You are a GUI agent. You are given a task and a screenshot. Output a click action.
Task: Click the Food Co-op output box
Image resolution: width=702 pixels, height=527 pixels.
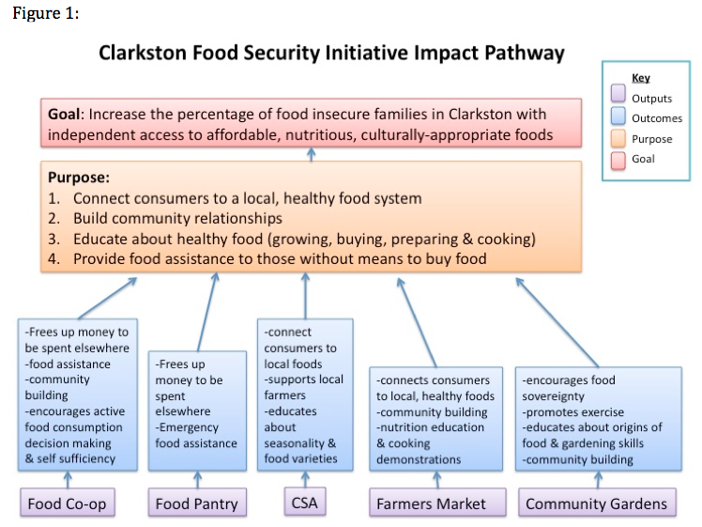[68, 503]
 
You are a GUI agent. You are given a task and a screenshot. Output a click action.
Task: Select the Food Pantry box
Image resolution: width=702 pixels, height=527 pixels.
[197, 503]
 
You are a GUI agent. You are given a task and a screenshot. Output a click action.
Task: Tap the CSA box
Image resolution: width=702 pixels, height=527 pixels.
[305, 502]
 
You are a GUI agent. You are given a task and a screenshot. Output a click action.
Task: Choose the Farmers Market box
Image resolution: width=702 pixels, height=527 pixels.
[437, 503]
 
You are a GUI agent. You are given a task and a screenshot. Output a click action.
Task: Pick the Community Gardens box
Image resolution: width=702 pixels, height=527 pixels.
[597, 503]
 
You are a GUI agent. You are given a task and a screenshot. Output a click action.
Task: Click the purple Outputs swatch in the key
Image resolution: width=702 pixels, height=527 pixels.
[618, 94]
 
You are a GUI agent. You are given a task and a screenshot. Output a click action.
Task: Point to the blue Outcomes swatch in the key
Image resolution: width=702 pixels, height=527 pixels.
[618, 115]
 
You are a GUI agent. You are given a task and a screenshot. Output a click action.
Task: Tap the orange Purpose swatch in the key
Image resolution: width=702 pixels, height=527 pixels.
[618, 138]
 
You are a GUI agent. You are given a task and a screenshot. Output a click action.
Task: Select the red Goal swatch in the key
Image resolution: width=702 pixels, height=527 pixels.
[618, 161]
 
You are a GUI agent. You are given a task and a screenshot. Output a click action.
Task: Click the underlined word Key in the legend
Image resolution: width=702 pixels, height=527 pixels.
[641, 78]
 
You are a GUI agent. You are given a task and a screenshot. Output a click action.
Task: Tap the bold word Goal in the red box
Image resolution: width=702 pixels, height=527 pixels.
[64, 114]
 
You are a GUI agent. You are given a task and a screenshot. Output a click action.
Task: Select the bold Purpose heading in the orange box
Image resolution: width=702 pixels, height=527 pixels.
[78, 178]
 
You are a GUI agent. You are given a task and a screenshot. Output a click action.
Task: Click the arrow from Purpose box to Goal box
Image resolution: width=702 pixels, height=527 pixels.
[312, 155]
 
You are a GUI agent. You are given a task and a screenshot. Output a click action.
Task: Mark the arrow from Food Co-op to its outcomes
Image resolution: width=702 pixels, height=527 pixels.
[68, 480]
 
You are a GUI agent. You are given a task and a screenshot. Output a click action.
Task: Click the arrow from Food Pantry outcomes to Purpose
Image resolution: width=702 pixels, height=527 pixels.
[206, 312]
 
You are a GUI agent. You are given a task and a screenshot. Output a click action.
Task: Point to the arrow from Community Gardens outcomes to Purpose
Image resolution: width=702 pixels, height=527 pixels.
[557, 322]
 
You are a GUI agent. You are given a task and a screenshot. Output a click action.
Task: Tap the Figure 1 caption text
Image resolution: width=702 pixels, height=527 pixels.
[46, 13]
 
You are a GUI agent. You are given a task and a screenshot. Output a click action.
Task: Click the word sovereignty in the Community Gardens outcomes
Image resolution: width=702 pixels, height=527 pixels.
[554, 396]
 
